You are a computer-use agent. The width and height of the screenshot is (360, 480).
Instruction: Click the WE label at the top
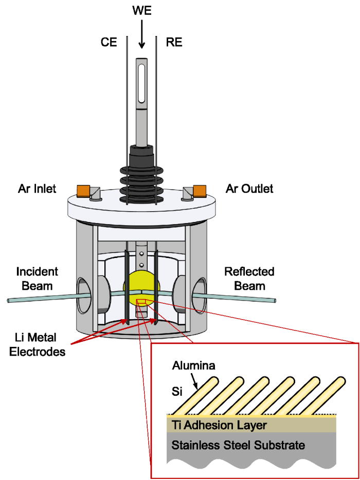tap(141, 9)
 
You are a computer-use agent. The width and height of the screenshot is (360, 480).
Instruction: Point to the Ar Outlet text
tap(250, 189)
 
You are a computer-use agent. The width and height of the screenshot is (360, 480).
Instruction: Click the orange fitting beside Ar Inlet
tap(83, 191)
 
